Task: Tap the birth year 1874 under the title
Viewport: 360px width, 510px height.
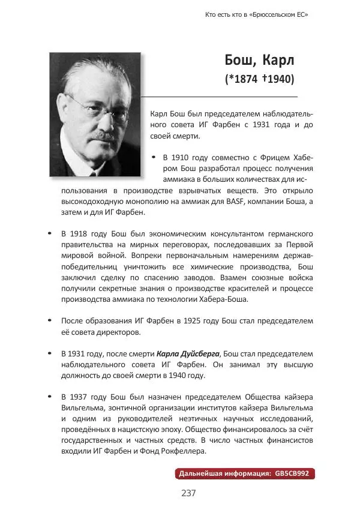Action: coord(245,79)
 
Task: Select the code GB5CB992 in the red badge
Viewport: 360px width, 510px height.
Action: coord(292,473)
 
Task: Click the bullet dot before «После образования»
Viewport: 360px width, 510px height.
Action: coord(50,321)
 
